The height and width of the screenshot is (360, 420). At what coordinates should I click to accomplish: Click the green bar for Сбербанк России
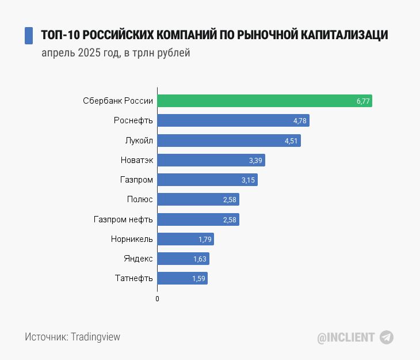point(265,101)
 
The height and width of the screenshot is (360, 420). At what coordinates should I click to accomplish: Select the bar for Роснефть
point(234,120)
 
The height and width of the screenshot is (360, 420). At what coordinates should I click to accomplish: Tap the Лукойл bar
point(229,141)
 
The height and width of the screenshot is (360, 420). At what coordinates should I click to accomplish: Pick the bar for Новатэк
point(211,160)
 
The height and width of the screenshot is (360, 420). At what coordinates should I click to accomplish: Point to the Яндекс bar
point(183,259)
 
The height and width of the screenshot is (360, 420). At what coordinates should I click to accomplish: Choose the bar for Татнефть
point(182,278)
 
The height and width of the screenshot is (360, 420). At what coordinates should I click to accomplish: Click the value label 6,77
point(362,101)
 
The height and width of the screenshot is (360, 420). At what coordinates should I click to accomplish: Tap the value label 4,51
point(291,141)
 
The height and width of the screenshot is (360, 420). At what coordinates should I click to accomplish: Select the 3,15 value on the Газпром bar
point(248,180)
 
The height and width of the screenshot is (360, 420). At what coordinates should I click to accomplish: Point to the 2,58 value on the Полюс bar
point(230,200)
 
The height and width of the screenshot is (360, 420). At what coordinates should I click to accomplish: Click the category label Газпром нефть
point(123,219)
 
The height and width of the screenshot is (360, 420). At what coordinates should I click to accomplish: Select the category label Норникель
point(132,239)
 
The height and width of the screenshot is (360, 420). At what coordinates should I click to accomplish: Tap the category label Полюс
point(140,200)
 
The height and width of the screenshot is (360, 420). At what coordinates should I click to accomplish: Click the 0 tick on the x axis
point(157,299)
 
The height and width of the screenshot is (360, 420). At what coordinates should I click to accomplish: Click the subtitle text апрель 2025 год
point(80,54)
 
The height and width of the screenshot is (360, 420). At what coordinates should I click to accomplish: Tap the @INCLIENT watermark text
point(346,338)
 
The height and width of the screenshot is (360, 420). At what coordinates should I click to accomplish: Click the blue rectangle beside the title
point(29,35)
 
